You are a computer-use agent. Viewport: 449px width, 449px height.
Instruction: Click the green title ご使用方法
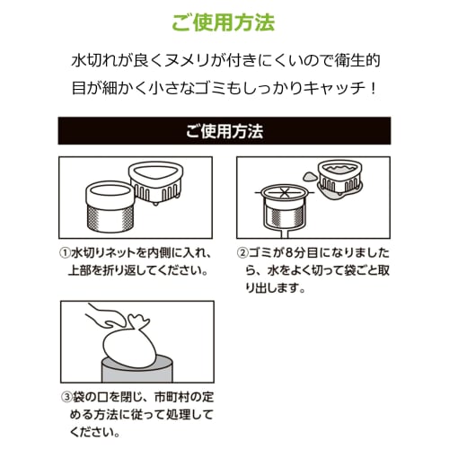coord(224,22)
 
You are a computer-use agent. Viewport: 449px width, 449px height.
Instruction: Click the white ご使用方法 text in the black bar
coord(224,131)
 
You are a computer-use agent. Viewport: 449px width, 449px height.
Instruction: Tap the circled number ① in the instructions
coord(65,253)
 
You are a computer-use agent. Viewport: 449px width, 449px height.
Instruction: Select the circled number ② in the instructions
coord(242,253)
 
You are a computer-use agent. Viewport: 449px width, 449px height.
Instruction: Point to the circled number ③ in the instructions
coord(66,397)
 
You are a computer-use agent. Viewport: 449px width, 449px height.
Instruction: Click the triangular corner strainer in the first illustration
coord(155,182)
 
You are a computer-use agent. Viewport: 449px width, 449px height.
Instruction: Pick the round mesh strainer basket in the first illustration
coord(110,207)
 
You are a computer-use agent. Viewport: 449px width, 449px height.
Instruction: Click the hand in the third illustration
coord(108,318)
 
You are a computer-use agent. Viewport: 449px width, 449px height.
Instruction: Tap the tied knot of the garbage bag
coord(137,321)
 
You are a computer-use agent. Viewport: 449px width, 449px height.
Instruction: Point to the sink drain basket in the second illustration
coord(285,207)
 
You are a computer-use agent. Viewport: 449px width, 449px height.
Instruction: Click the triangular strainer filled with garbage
coord(340,178)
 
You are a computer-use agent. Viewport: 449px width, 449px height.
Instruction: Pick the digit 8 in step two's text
coord(288,253)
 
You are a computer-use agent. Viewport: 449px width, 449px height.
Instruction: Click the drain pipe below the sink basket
coord(285,233)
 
